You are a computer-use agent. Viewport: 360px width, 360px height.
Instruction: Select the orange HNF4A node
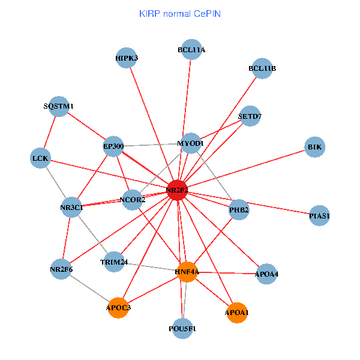point(187,272)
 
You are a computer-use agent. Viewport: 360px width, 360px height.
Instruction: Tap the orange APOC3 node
point(119,308)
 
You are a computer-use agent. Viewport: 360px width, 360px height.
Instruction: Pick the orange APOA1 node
point(238,313)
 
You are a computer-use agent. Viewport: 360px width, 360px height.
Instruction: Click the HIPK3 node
point(127,58)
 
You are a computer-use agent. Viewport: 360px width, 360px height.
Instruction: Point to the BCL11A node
point(191,50)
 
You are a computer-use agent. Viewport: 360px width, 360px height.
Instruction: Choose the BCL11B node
point(262,68)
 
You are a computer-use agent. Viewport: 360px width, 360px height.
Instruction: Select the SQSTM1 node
point(59,106)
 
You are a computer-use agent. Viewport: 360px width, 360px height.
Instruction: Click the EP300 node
point(113,146)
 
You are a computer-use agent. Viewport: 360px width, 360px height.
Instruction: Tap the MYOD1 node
point(191,143)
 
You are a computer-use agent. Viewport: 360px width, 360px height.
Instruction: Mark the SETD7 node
point(250,116)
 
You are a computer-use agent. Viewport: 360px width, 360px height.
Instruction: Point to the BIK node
point(315,147)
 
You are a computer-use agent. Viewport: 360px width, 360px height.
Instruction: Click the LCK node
point(40,158)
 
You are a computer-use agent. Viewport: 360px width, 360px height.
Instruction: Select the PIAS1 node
point(320,215)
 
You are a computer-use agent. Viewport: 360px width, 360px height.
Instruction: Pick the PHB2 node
point(239,210)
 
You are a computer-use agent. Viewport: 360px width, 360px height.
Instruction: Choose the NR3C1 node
point(71,207)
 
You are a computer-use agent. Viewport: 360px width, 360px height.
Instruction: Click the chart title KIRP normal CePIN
point(179,13)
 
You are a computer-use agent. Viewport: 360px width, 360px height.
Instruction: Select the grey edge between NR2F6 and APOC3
point(90,289)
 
